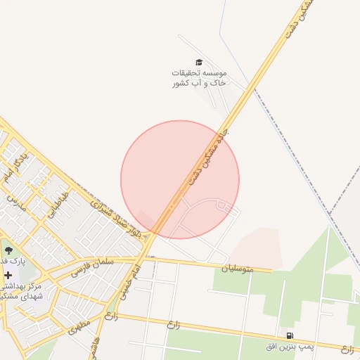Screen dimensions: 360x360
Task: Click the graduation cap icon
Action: (x=198, y=62)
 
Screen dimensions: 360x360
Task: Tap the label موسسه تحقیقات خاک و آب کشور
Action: (x=200, y=78)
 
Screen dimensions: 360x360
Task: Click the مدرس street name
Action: (x=15, y=204)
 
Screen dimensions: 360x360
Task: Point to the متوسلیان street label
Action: (x=236, y=268)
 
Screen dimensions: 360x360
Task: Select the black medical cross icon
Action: (x=8, y=275)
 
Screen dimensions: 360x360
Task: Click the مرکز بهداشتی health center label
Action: (x=21, y=291)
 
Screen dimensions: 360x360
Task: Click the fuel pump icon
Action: (x=289, y=336)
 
